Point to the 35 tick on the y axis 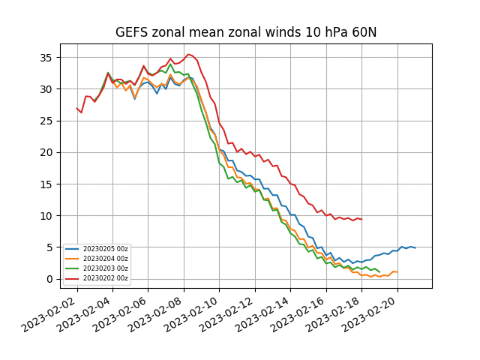coord(46,58)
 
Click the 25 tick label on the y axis coord(46,121)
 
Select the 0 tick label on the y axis coord(49,279)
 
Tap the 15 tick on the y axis coord(46,184)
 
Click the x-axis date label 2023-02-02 coord(49,315)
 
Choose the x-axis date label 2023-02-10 coord(191,315)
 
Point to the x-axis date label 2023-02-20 coord(369,315)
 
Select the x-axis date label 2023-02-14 coord(262,315)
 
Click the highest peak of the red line coord(188,54)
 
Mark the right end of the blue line coord(415,247)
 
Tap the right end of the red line coord(361,219)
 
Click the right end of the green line coord(379,271)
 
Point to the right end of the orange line coord(397,272)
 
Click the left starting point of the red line coord(76,108)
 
